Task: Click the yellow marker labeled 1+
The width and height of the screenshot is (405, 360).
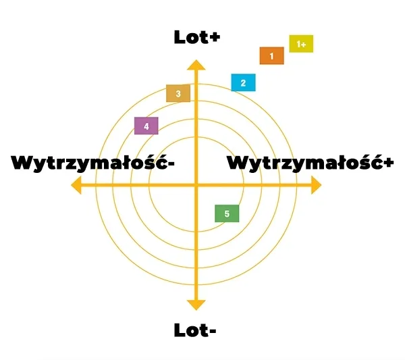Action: point(301,44)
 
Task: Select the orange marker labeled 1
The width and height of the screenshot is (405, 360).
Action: point(271,56)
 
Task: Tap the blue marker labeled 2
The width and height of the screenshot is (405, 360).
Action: point(243,83)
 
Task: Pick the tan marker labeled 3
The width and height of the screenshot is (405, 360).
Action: point(178,94)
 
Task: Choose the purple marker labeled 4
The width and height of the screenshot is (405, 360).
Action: point(146,126)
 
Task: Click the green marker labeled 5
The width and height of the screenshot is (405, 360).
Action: point(227,214)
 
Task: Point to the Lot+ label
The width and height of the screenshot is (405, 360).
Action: point(196,38)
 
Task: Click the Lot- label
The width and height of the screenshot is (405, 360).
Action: point(196,330)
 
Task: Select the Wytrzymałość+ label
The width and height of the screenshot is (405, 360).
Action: point(310,163)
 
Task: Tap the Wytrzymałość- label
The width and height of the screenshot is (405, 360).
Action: point(93,163)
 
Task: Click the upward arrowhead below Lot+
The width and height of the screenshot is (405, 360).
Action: point(196,65)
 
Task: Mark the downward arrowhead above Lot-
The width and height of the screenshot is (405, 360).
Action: point(196,305)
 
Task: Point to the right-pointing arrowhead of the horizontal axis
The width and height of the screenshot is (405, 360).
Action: point(315,186)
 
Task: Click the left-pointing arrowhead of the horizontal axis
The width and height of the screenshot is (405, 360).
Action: point(76,186)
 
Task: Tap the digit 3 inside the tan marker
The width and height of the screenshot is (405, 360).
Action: point(178,94)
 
